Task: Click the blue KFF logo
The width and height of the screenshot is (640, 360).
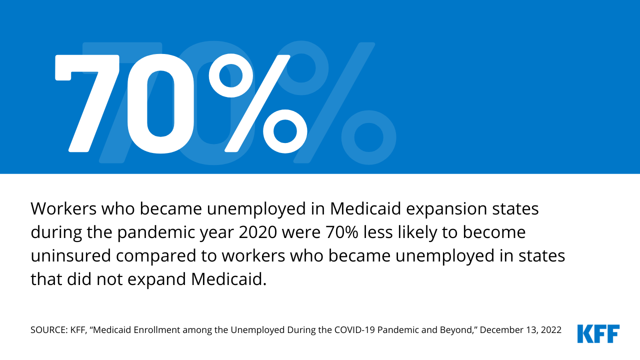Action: pos(598,333)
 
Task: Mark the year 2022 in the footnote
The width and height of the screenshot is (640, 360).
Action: pos(550,330)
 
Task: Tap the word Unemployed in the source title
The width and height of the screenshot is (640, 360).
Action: pos(236,330)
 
